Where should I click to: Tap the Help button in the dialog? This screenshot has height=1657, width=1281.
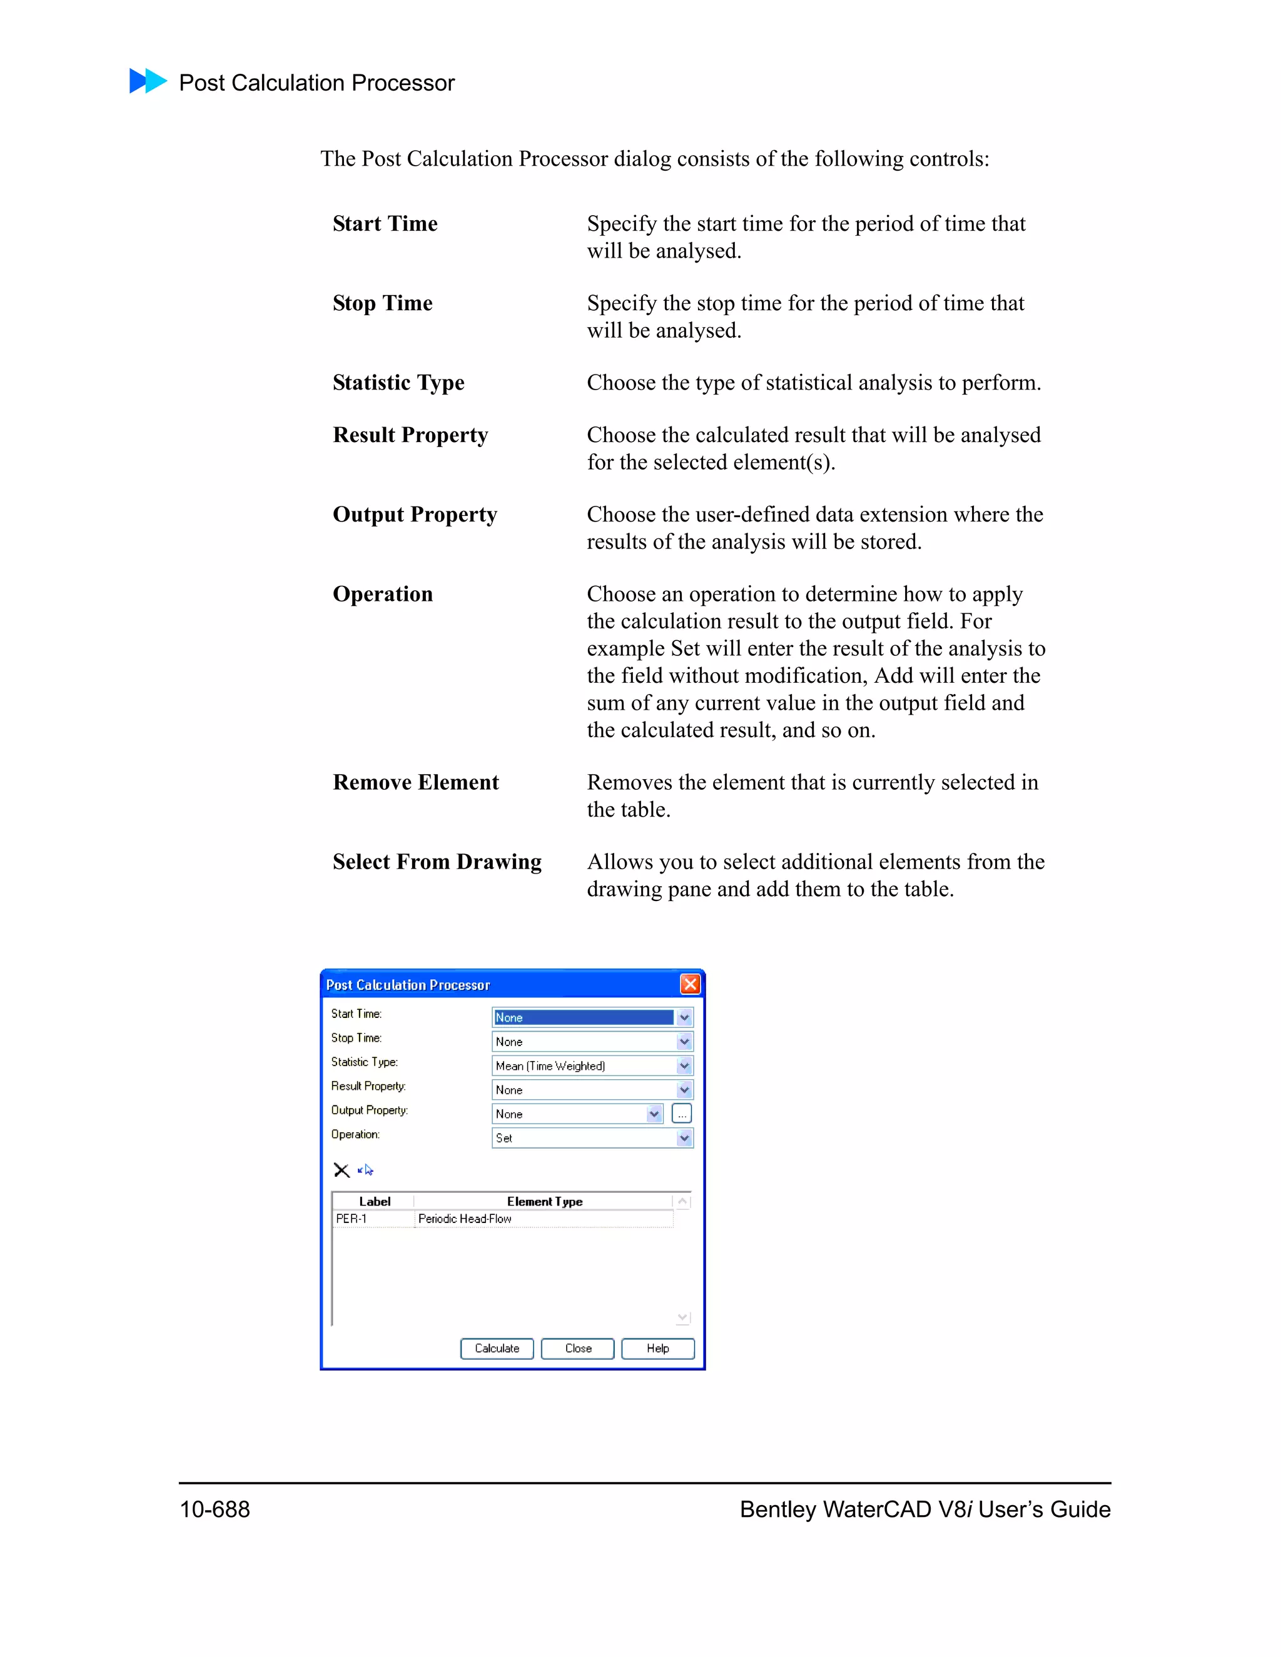[657, 1348]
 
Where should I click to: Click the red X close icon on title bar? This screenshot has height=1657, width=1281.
[690, 984]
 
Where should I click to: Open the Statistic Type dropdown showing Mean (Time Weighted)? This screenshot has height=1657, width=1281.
[592, 1065]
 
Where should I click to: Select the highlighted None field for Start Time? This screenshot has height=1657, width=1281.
[583, 1017]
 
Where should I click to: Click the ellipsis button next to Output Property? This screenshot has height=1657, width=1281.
[682, 1114]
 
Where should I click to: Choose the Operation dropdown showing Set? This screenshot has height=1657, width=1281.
[592, 1137]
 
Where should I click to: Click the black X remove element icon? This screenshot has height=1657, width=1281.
[342, 1170]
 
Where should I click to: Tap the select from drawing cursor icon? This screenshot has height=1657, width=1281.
[367, 1170]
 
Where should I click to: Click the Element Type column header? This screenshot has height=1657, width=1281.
[544, 1201]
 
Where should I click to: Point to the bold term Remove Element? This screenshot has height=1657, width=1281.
[415, 782]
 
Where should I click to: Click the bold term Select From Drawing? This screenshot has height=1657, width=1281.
[437, 862]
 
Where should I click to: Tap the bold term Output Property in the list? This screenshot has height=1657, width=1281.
[414, 515]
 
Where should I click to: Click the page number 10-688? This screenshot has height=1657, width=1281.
[215, 1509]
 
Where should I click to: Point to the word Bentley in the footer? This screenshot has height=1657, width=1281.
[779, 1509]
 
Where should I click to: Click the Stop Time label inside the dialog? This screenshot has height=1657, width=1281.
[356, 1038]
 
